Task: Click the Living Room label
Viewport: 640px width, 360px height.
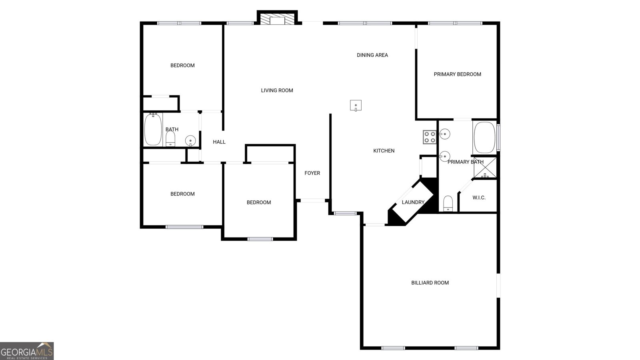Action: pos(277,90)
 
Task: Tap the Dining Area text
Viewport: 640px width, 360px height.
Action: pos(372,55)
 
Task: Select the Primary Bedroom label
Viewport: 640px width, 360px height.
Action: pos(457,74)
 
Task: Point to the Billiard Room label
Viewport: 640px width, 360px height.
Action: pos(430,283)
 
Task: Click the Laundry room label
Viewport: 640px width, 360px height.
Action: pos(413,202)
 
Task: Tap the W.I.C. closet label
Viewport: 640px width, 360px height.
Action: pos(479,198)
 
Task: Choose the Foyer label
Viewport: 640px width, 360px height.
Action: pos(312,173)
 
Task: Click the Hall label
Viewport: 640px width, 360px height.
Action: pos(219,142)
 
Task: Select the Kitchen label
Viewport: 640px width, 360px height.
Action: pos(384,151)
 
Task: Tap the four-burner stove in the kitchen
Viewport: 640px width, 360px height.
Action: pos(430,137)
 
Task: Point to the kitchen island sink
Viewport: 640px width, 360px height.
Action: pos(356,106)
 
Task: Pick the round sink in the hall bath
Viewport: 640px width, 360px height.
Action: pos(190,140)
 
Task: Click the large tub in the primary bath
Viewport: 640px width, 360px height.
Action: pos(484,137)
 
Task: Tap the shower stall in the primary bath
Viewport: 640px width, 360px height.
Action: pos(485,168)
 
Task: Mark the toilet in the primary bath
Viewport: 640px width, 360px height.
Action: pos(448,203)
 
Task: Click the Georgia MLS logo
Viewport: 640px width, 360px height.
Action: pos(27,351)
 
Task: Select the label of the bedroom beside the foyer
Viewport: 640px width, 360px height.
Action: pos(258,202)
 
